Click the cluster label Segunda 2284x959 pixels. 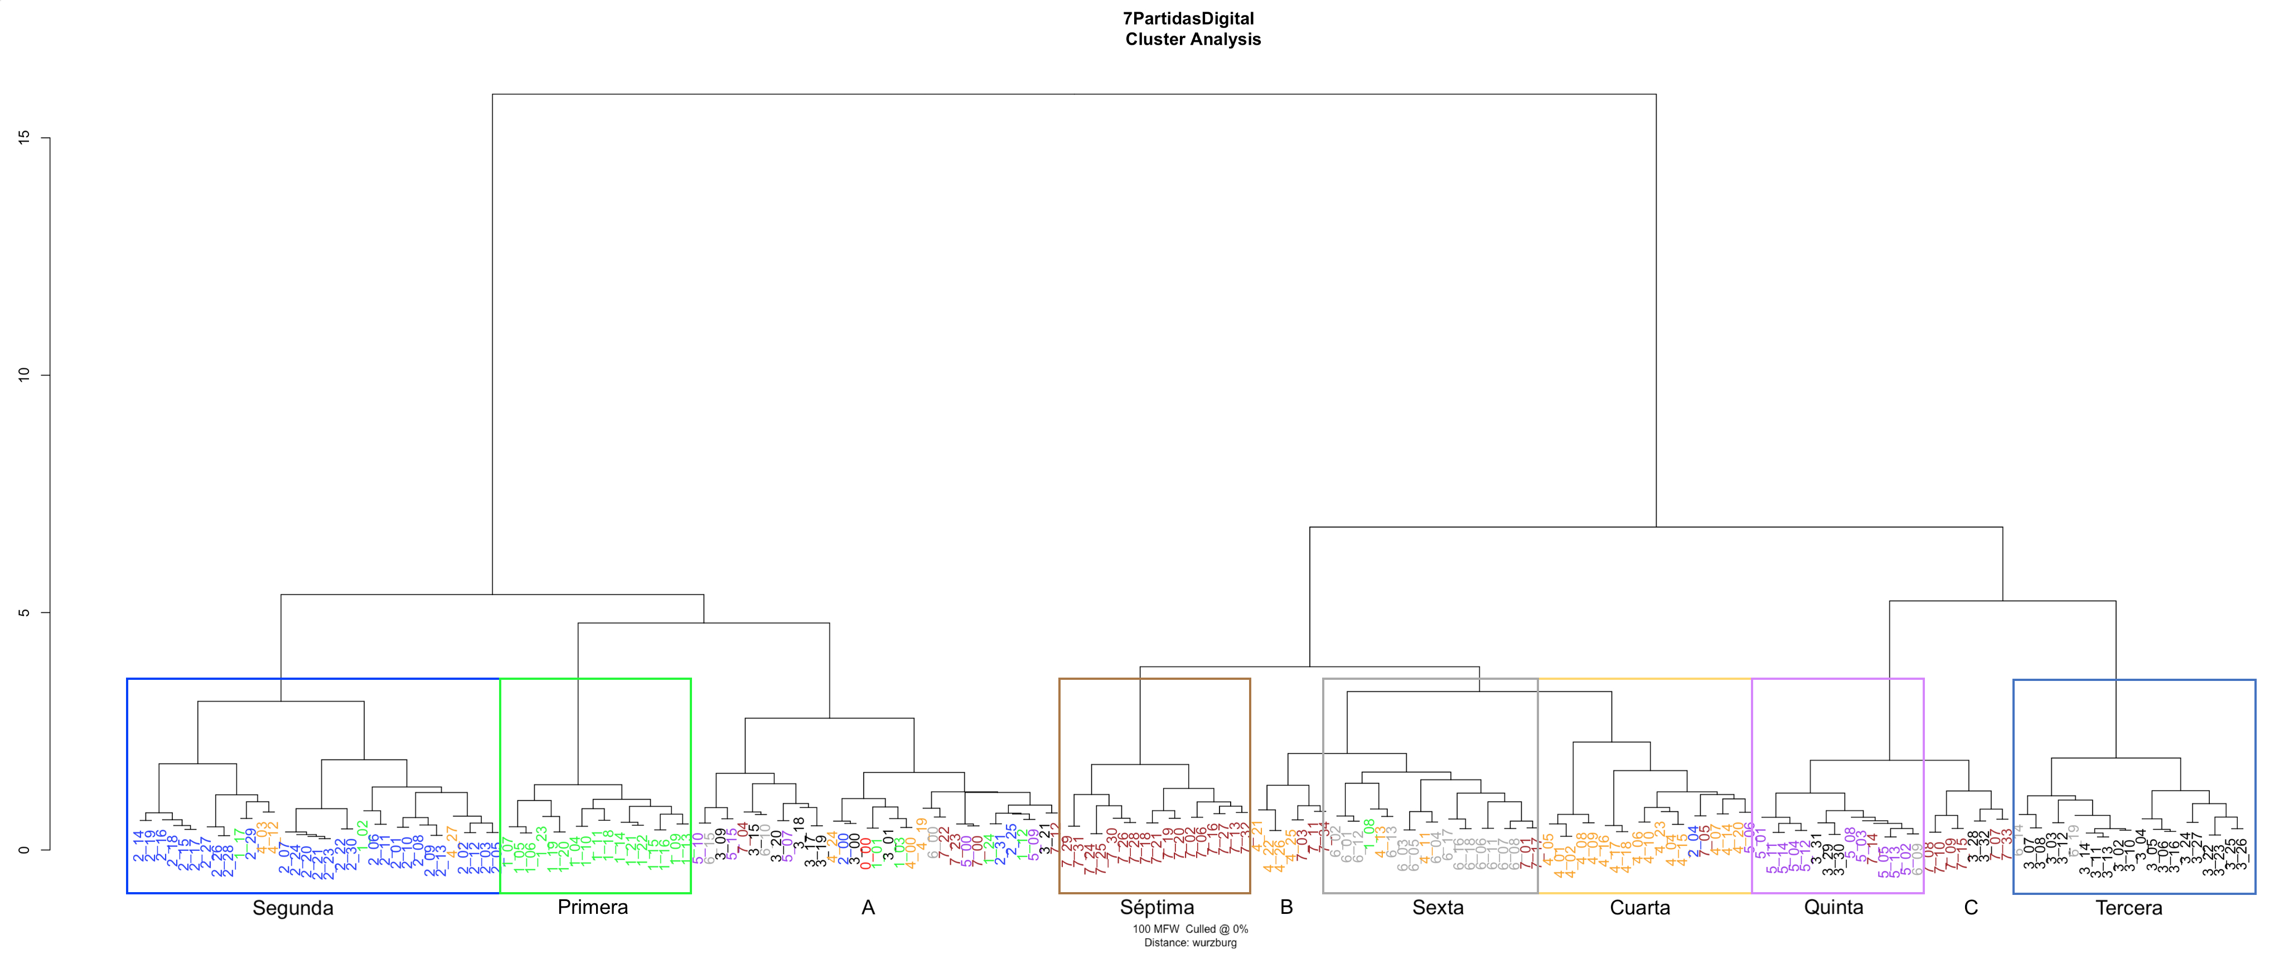tap(293, 908)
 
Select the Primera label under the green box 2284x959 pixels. tap(592, 907)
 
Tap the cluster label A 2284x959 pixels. tap(868, 908)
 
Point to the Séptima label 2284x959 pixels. tap(1156, 907)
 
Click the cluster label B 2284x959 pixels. tap(1286, 907)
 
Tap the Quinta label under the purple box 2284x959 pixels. tap(1833, 907)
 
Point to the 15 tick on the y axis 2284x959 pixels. tap(24, 138)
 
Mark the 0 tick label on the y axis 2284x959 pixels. tap(24, 849)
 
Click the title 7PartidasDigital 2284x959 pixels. tap(1188, 18)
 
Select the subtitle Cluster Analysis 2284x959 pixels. tap(1193, 39)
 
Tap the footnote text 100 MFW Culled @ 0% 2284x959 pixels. tap(1190, 929)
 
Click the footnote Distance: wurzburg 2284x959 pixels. tap(1190, 942)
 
